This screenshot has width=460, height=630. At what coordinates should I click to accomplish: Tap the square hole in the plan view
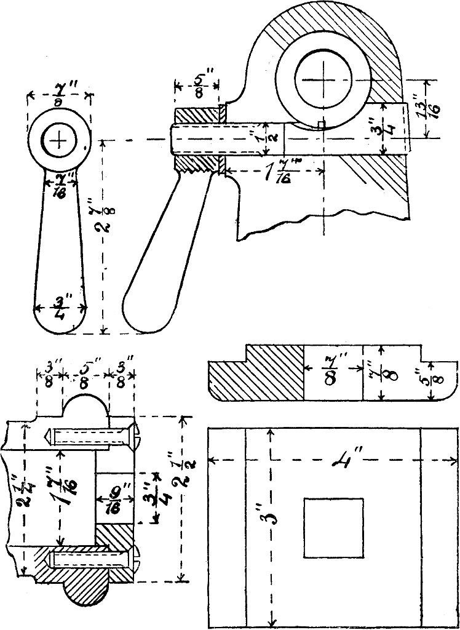pos(333,528)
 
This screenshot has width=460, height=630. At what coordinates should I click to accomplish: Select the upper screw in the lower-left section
pos(92,437)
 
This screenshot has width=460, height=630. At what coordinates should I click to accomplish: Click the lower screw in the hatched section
pos(92,559)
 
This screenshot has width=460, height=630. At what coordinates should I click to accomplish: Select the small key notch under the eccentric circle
pos(321,126)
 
